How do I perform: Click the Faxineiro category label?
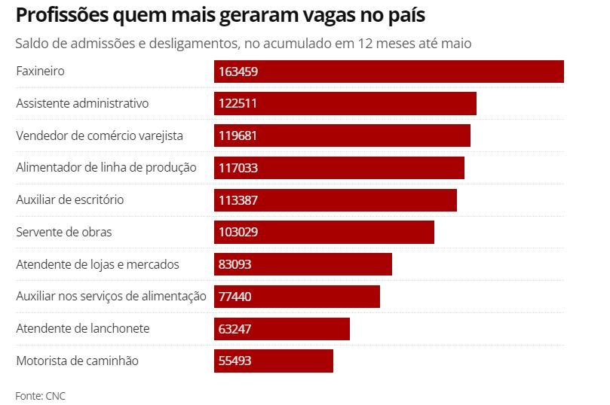click(41, 72)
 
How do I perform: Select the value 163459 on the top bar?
click(238, 72)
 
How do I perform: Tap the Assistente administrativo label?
click(82, 104)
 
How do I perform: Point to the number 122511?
click(238, 104)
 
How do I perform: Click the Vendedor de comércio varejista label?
click(100, 136)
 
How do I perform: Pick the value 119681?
click(238, 136)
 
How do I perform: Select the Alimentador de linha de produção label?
click(106, 168)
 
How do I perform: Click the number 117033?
click(238, 168)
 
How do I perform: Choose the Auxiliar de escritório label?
click(70, 199)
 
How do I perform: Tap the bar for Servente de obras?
click(324, 232)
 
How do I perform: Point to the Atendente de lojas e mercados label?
click(98, 264)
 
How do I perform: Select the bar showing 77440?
click(297, 297)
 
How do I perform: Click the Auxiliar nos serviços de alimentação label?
click(111, 297)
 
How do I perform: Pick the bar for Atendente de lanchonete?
click(282, 329)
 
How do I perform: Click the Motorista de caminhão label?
click(78, 361)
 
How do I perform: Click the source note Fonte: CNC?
click(41, 395)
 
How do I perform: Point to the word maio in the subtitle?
click(455, 44)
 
